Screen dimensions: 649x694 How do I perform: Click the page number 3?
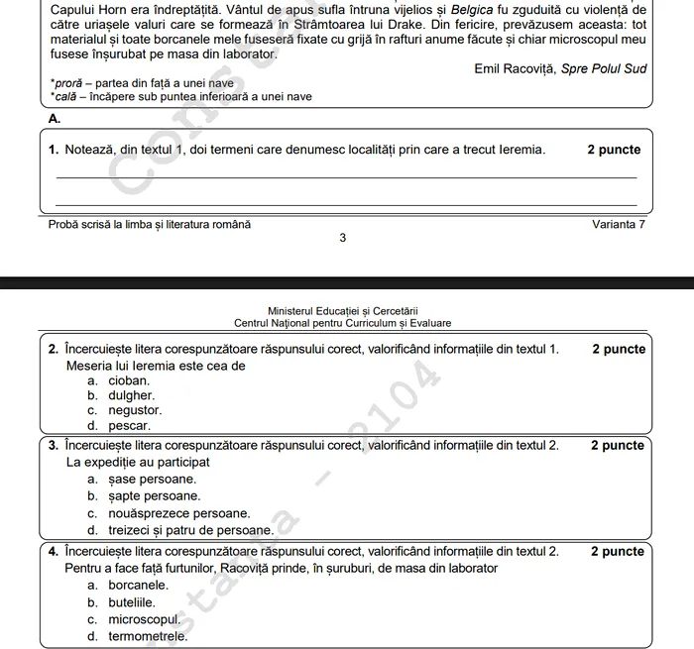click(x=342, y=238)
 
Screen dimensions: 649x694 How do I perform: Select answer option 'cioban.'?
click(x=129, y=379)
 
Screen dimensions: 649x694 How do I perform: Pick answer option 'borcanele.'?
click(x=138, y=585)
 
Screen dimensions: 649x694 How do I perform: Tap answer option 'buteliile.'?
click(x=132, y=601)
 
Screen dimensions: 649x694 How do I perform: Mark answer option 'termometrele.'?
click(x=148, y=636)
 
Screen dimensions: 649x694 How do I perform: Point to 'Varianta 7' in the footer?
click(x=619, y=224)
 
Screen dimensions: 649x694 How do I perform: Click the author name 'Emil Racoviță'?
click(x=516, y=68)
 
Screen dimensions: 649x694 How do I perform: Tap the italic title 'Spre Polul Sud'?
click(x=604, y=68)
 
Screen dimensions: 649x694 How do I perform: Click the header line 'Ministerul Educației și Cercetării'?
click(x=342, y=310)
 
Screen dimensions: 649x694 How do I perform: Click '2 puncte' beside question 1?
click(x=614, y=150)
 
